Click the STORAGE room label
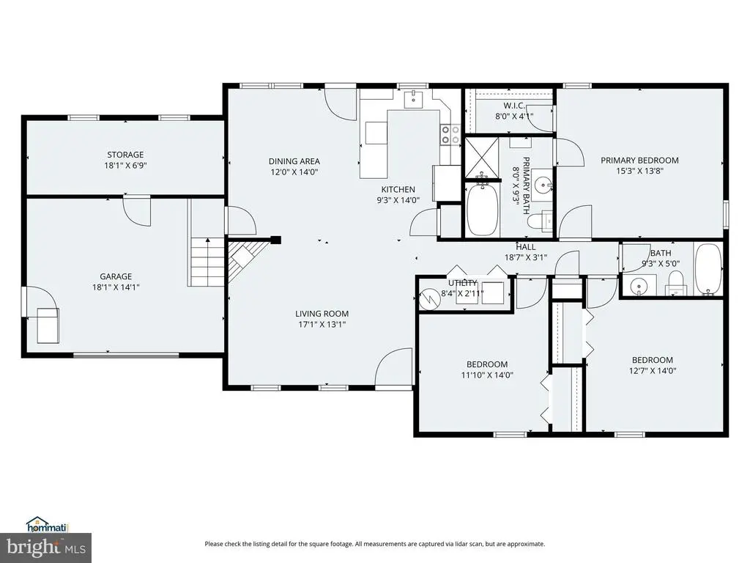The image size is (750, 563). coord(125,155)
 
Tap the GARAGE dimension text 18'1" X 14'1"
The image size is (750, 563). coord(116,287)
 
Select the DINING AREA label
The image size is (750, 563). coord(294,161)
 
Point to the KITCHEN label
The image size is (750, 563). coord(398,190)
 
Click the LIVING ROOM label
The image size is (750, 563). coord(322,314)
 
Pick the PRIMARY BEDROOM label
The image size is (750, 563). coord(639,161)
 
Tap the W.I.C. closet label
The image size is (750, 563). coord(514,106)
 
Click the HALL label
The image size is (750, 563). coord(526,247)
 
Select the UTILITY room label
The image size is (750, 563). coord(463,283)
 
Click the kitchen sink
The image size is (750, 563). coord(413,100)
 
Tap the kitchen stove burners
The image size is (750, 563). coord(450,135)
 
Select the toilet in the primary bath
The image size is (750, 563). coord(539,221)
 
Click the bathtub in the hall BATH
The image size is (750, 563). coord(708,269)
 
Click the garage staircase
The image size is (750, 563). coord(207,262)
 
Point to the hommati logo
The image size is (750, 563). coord(48,525)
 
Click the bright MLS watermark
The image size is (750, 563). coord(45,547)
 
